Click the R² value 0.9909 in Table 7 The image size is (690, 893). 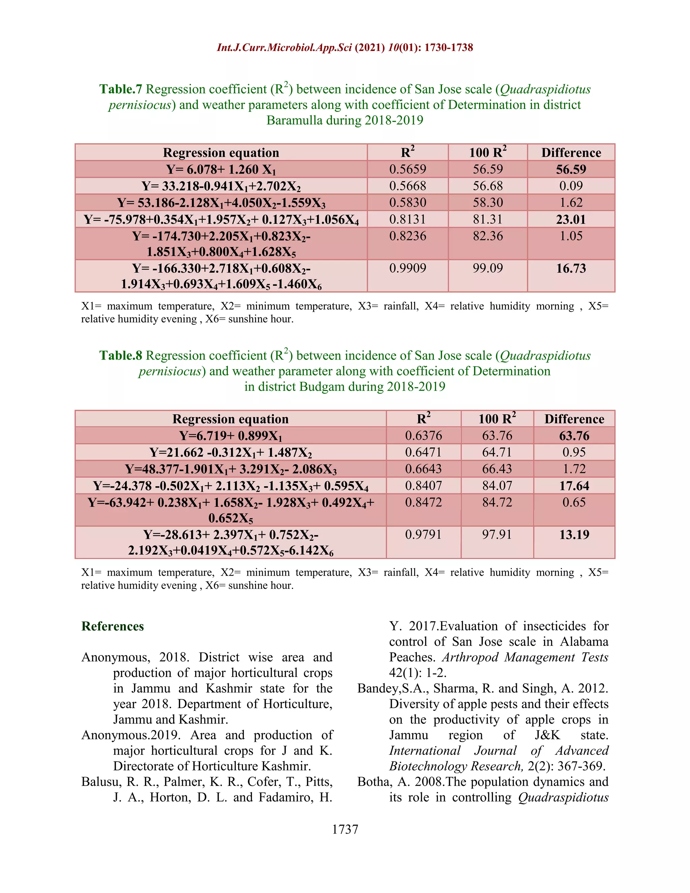(408, 268)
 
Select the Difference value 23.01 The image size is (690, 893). (571, 220)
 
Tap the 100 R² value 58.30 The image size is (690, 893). (488, 203)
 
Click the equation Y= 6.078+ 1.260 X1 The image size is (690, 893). (221, 169)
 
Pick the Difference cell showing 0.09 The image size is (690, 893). (571, 186)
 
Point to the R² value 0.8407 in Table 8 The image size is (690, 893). (424, 486)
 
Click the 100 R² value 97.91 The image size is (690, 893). (497, 534)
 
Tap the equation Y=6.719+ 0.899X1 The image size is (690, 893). (230, 436)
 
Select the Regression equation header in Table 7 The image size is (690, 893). (221, 153)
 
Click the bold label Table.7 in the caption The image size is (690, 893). (121, 89)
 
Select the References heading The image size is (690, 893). (113, 626)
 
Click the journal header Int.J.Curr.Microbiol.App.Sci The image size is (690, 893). (284, 48)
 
